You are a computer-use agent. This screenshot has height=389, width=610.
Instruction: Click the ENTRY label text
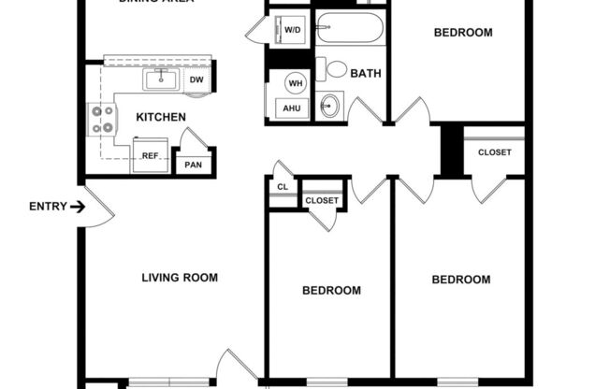[x=48, y=207]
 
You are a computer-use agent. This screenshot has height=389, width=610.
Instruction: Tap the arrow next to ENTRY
[x=78, y=207]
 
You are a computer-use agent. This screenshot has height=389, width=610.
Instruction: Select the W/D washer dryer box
[x=293, y=31]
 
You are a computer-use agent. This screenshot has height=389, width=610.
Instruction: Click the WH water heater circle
[x=296, y=83]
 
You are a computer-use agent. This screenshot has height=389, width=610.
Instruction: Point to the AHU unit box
[x=292, y=108]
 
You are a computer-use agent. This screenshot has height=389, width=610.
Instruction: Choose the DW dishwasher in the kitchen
[x=196, y=79]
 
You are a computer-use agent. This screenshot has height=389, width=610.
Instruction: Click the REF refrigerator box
[x=150, y=156]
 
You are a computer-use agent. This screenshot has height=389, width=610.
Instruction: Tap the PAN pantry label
[x=194, y=165]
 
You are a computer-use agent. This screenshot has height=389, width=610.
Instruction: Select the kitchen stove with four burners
[x=101, y=119]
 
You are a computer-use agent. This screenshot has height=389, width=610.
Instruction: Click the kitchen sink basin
[x=162, y=79]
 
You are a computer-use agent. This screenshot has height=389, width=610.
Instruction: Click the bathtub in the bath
[x=349, y=30]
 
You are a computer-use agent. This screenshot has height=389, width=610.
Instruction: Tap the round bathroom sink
[x=328, y=107]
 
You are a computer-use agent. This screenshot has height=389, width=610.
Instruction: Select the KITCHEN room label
[x=161, y=118]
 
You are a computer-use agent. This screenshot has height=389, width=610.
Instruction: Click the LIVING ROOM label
[x=180, y=278]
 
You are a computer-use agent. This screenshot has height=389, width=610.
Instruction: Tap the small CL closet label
[x=283, y=187]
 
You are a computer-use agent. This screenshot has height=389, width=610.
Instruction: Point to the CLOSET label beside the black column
[x=494, y=152]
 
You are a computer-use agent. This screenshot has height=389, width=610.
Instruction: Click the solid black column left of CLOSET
[x=453, y=150]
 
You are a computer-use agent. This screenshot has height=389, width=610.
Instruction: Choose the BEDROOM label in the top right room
[x=462, y=34]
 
